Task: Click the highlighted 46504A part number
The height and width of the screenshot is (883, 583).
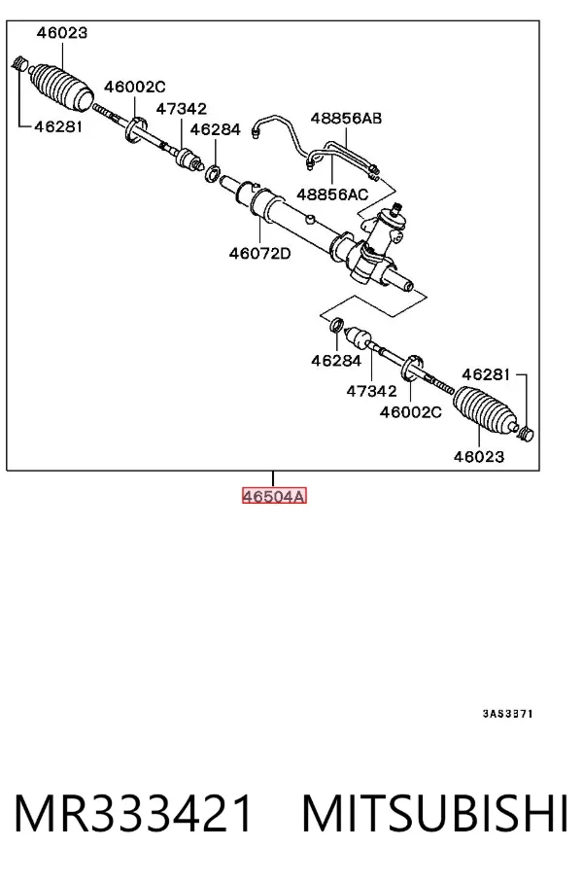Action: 274,496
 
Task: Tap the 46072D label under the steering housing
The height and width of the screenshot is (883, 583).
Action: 260,254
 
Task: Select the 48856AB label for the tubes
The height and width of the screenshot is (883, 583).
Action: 346,118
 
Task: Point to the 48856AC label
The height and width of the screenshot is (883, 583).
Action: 332,194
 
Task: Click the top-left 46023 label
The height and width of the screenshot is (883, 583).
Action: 62,33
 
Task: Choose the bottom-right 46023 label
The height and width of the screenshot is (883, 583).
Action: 479,456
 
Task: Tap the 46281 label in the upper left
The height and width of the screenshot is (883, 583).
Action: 58,126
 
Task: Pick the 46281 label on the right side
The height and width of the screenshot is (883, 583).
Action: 486,374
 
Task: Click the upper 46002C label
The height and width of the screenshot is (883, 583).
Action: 135,87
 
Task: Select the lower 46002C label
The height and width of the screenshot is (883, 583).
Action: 411,411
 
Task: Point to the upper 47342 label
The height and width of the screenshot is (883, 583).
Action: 181,108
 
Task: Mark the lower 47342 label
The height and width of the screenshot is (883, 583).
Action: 371,390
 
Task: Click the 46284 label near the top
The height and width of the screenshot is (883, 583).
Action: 216,129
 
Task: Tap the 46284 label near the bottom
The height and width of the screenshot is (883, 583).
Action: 336,361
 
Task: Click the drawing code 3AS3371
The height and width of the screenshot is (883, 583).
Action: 507,714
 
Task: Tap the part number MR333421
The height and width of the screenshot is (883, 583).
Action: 133,813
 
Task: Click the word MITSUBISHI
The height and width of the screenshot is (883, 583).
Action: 435,813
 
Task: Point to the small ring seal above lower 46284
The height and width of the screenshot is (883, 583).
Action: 336,325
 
